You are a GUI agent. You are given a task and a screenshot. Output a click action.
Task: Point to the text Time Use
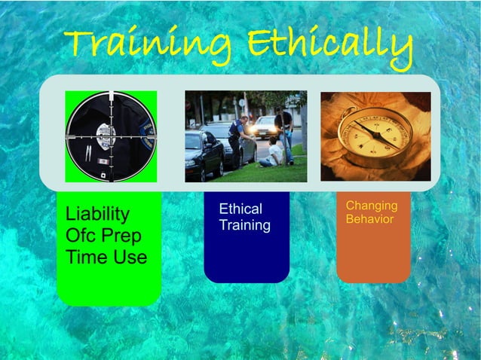[x=106, y=258]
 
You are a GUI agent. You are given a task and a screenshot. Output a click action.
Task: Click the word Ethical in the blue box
[x=240, y=209]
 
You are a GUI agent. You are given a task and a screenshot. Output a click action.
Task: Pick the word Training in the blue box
[x=244, y=225]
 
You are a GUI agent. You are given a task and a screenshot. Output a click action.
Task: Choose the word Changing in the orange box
[x=372, y=206]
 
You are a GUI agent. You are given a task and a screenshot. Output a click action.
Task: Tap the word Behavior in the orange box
[x=369, y=219]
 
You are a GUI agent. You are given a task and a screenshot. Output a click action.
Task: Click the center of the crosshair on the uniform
[x=111, y=137]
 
